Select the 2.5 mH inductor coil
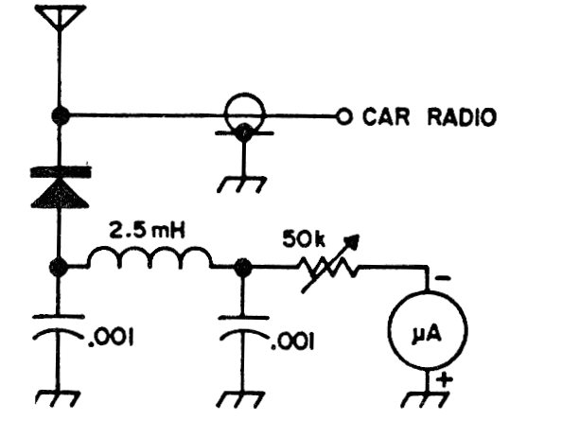(150, 257)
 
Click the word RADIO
(463, 116)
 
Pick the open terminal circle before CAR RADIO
(344, 116)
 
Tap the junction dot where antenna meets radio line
(61, 116)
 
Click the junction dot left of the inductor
(61, 268)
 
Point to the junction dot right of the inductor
(243, 268)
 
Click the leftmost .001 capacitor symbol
(60, 333)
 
